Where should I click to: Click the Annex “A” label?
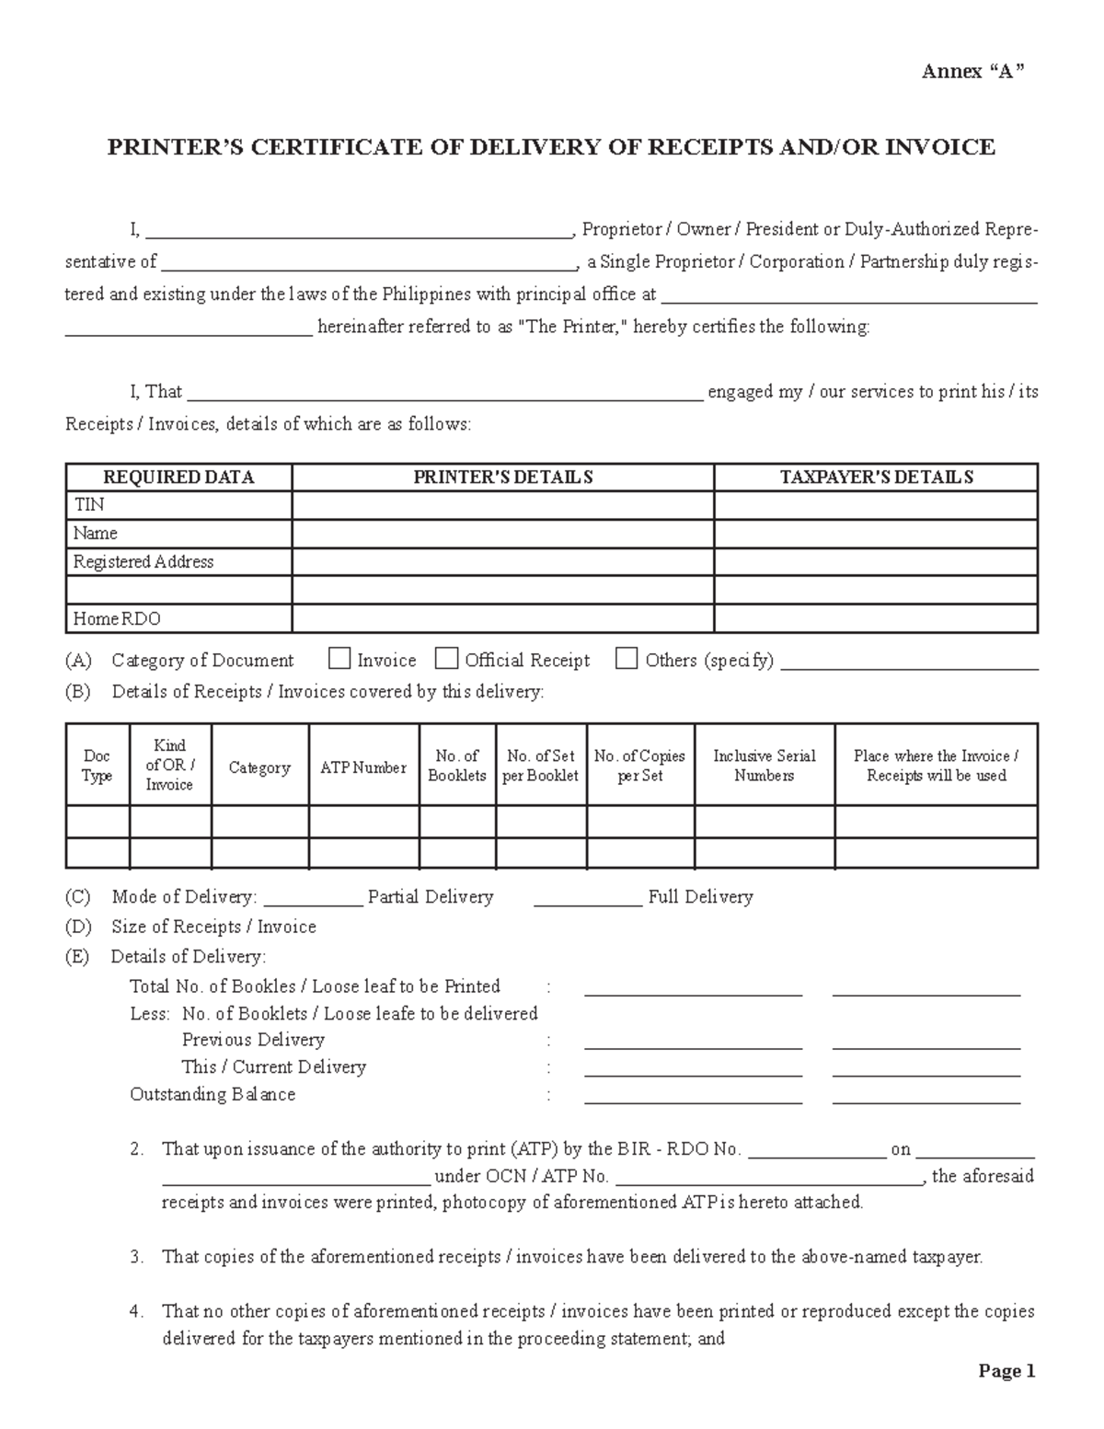(x=973, y=73)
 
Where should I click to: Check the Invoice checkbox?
(x=339, y=659)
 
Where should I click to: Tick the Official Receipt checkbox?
(x=447, y=659)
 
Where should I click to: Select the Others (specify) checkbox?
(x=627, y=659)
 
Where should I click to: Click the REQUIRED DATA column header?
(x=178, y=478)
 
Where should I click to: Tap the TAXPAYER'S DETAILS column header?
(x=876, y=478)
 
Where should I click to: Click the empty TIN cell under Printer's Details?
(x=502, y=505)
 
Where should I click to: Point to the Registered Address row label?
(x=144, y=562)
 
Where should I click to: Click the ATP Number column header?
(x=363, y=767)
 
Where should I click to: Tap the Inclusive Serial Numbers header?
(x=765, y=766)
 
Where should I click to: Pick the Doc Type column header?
(x=97, y=766)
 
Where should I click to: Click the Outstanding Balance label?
(x=213, y=1094)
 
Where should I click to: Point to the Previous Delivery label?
(x=253, y=1040)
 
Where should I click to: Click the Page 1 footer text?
(x=1007, y=1371)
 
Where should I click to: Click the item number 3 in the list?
(x=136, y=1257)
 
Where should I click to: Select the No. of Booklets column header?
(x=457, y=766)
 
